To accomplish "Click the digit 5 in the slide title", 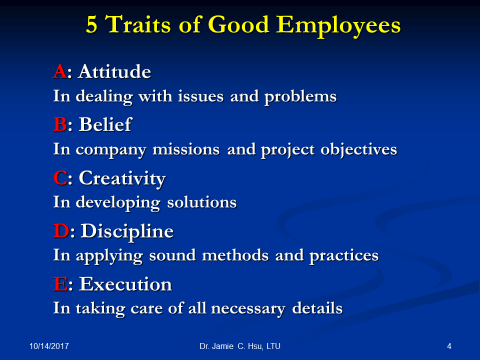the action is pos(92,24).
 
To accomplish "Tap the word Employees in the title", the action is pos(338,26).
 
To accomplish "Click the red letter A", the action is pos(60,71).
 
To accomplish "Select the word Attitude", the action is pos(115,71).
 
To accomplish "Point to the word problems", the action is pos(301,97).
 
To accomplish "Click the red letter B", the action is pos(60,124).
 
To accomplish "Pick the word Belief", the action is pos(105,124).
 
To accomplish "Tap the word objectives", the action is pos(359,150).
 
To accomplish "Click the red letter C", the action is pos(60,178).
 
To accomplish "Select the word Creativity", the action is pos(122,179).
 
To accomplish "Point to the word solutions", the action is pos(202,202).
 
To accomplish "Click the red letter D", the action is pos(62,231).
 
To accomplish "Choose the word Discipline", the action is pos(127,232).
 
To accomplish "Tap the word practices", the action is pos(344,256).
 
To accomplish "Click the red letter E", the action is pos(61,284).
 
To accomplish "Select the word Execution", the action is pos(126,284).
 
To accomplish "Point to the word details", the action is pos(317,308).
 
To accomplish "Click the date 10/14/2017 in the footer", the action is pos(49,346).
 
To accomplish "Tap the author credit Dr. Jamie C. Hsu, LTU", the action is pos(240,346).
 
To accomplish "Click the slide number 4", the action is pos(449,346).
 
